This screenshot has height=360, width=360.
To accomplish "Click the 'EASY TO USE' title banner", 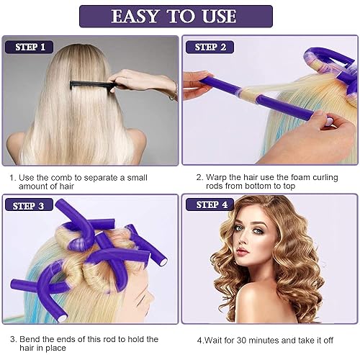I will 176,16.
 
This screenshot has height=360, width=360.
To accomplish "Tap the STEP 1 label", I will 30,48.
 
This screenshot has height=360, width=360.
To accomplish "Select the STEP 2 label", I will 210,48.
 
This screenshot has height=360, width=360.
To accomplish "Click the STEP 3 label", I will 30,206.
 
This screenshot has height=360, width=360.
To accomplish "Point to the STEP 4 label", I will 210,205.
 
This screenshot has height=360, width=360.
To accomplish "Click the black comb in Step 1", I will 90,85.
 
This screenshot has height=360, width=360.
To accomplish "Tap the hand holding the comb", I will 144,81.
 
